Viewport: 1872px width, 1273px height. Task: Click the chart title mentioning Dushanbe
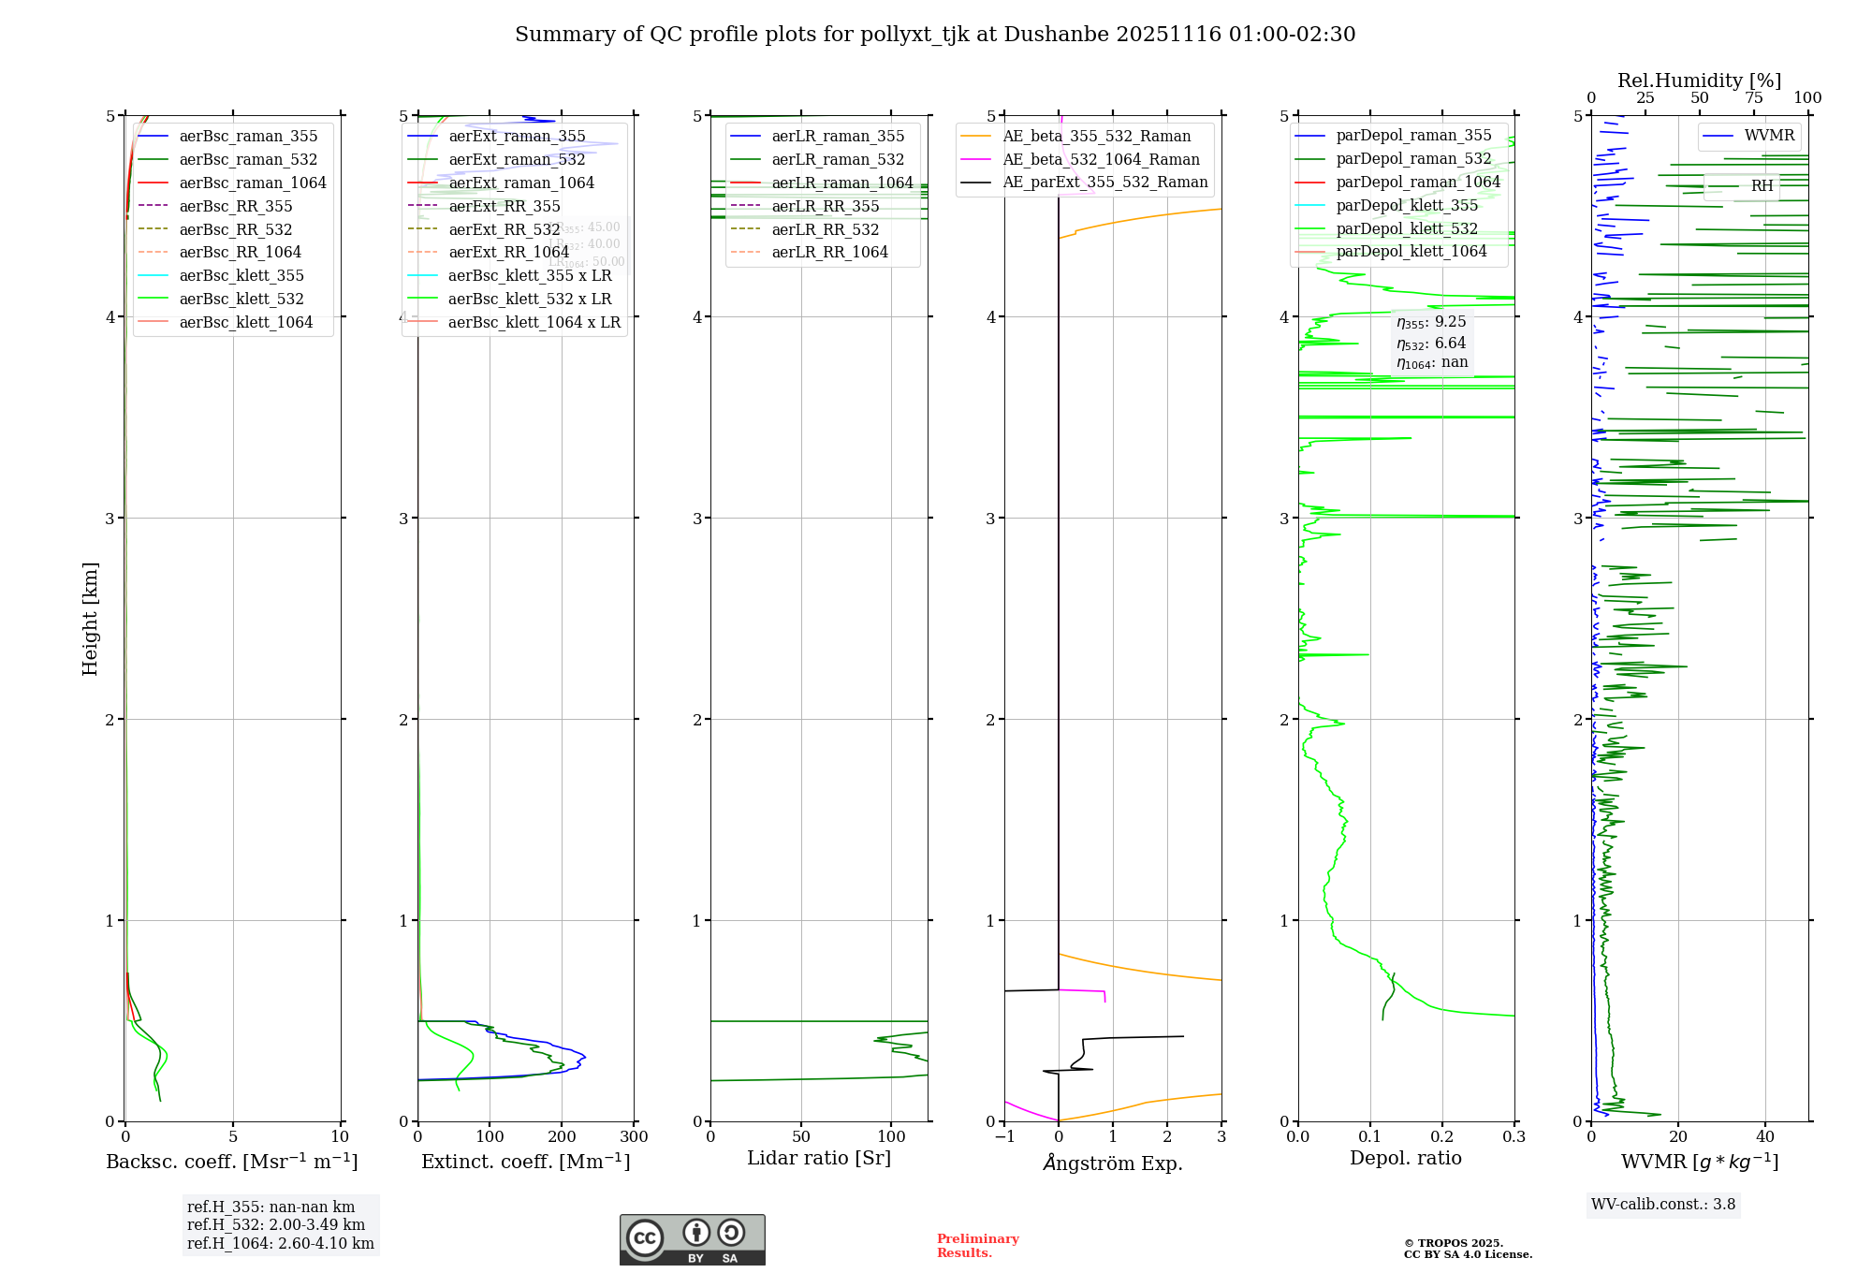click(x=935, y=35)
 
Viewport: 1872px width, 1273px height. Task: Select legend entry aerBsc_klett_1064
click(x=245, y=322)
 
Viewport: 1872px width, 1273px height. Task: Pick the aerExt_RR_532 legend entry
click(x=504, y=229)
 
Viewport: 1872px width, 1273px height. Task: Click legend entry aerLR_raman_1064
click(x=841, y=183)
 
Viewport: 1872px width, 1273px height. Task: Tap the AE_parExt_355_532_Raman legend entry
click(x=1104, y=183)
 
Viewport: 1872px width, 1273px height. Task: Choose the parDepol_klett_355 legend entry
click(x=1407, y=205)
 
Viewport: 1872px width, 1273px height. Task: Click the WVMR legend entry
click(x=1769, y=136)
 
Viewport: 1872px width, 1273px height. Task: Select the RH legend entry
click(x=1762, y=185)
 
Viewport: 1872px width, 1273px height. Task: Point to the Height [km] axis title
click(x=90, y=618)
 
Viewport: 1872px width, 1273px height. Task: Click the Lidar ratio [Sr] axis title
click(x=819, y=1158)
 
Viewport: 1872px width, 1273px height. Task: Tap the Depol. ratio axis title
click(x=1405, y=1158)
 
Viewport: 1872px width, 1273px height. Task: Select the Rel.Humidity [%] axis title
click(x=1699, y=80)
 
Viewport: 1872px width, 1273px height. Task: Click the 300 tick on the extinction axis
click(x=634, y=1136)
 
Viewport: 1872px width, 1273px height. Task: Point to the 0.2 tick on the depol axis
click(x=1442, y=1136)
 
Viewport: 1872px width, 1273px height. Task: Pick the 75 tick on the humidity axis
click(x=1753, y=97)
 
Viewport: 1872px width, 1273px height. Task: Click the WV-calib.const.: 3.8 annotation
click(x=1662, y=1204)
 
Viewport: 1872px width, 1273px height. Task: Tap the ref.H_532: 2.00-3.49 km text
click(x=276, y=1224)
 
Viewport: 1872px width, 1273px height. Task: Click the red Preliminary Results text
click(x=977, y=1245)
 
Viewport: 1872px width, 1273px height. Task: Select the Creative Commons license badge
click(x=692, y=1239)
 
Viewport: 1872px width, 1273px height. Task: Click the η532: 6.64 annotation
click(x=1431, y=343)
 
